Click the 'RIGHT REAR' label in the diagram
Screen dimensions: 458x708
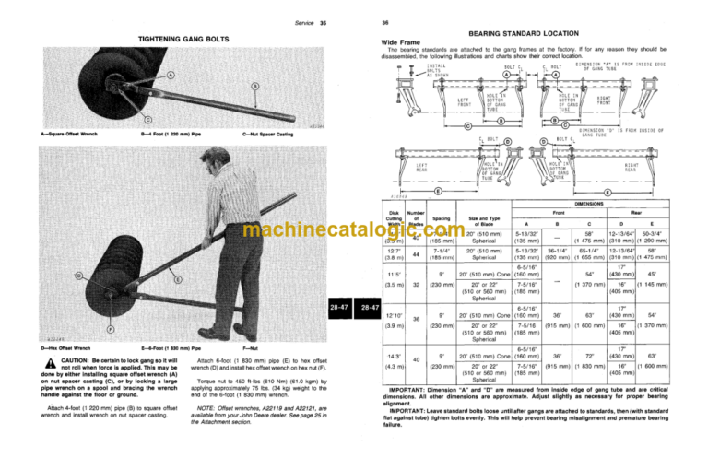click(x=656, y=170)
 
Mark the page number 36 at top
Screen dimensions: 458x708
click(x=372, y=22)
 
